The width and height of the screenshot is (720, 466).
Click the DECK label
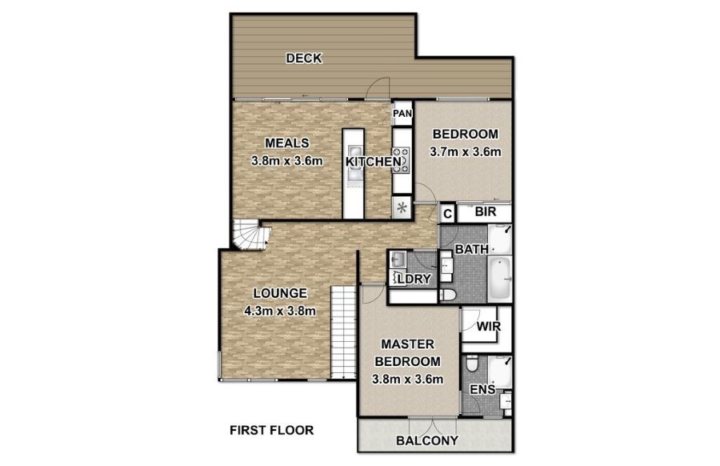(304, 58)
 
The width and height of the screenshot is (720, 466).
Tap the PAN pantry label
(402, 113)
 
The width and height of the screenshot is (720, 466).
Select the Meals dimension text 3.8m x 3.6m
(287, 161)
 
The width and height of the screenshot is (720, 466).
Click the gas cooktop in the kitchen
(401, 160)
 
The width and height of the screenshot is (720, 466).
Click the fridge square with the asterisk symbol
(402, 207)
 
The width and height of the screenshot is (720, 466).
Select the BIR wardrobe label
(486, 212)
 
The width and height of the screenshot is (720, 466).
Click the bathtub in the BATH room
(499, 279)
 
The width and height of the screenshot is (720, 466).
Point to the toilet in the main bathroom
(446, 295)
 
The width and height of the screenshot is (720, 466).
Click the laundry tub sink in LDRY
(397, 259)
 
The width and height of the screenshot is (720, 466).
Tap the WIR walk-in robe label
(489, 327)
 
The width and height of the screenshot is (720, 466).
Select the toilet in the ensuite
(471, 364)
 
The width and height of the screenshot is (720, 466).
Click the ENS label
(482, 390)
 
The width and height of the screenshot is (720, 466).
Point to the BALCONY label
(427, 440)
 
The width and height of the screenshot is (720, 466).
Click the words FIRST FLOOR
(271, 431)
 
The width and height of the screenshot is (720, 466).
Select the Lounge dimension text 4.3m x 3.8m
(280, 311)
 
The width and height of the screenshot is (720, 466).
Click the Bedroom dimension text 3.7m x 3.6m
(465, 151)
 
